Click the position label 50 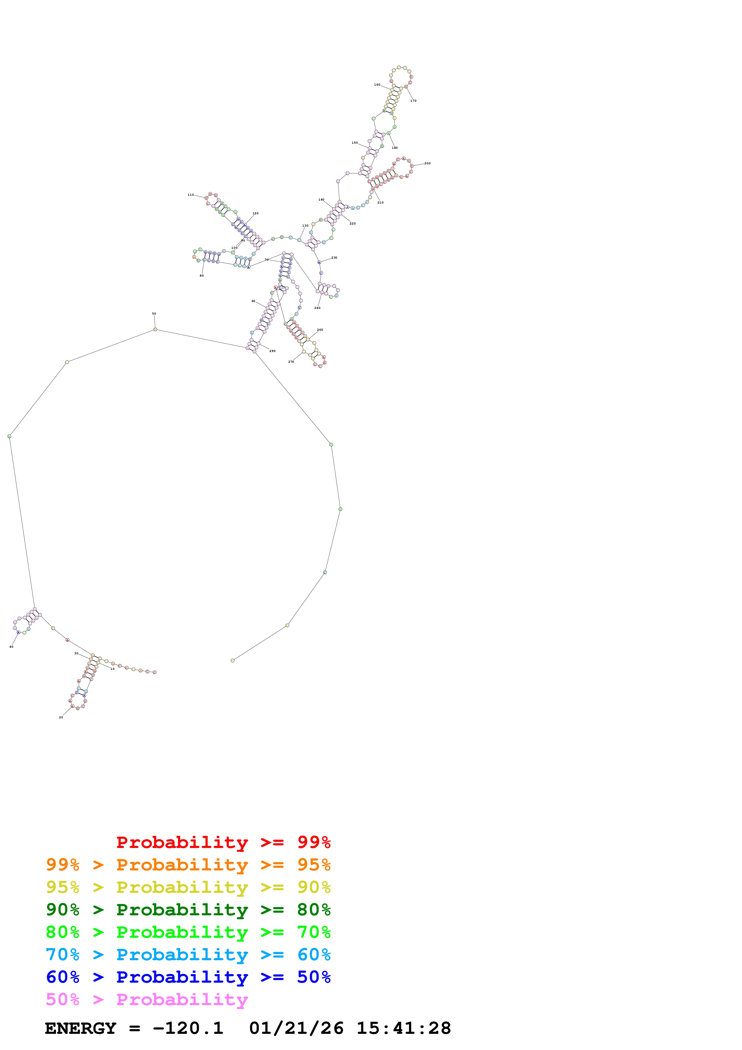pos(154,314)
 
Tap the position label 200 pos(427,163)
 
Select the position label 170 pos(413,101)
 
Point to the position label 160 pos(377,85)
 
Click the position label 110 pos(191,195)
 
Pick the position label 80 pos(202,276)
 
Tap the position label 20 pos(61,717)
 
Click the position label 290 pos(272,351)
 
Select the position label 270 pos(291,362)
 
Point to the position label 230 pos(334,258)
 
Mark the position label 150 pos(355,143)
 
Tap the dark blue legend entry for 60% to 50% pos(188,977)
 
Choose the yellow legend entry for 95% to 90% pos(188,887)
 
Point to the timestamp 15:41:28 pos(404,1028)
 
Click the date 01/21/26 pos(296,1028)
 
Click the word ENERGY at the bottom pos(81,1028)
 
